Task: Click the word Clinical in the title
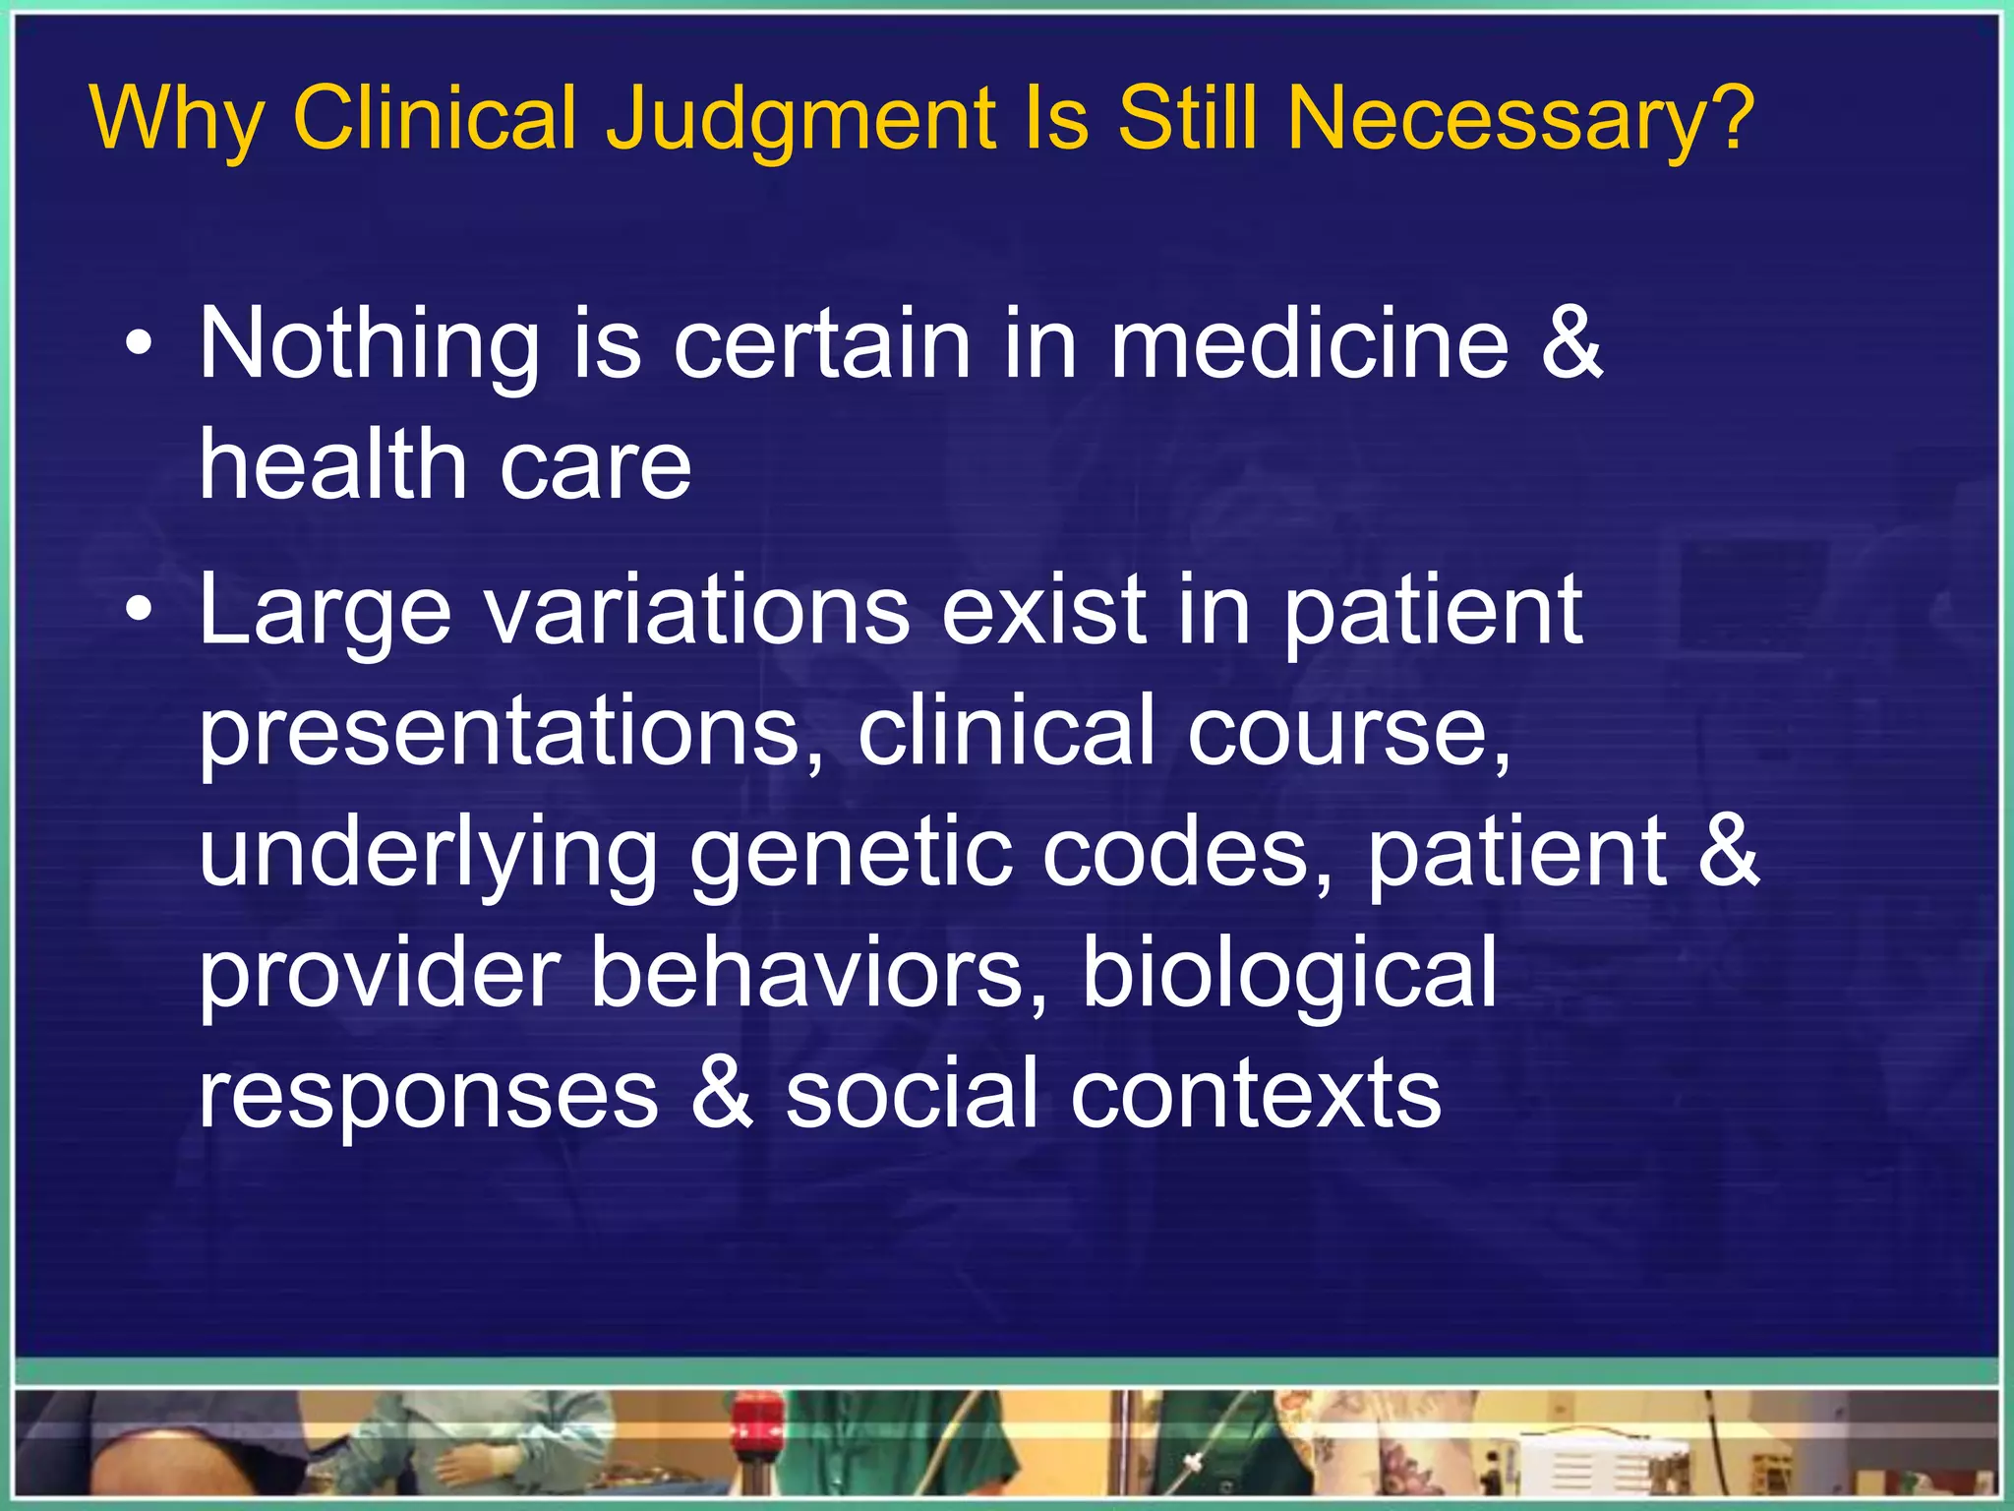(x=434, y=119)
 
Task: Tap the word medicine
(x=1308, y=343)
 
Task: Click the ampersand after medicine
(x=1570, y=343)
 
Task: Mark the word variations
(x=698, y=610)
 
